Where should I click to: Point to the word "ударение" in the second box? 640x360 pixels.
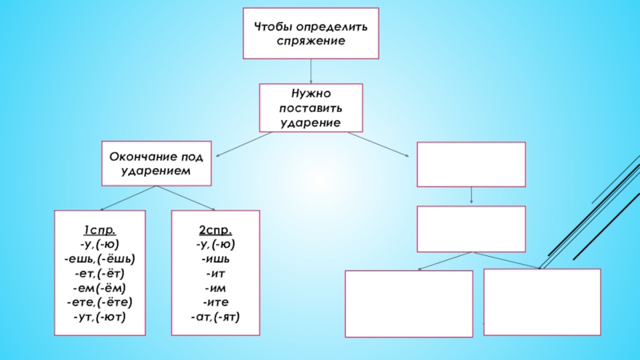click(x=310, y=122)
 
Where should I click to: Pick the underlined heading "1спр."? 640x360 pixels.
click(x=100, y=230)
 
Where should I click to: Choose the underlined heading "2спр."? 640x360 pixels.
click(x=216, y=230)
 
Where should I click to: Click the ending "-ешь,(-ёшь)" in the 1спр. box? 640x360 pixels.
click(x=100, y=258)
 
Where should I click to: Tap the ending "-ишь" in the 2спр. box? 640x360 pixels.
click(x=216, y=258)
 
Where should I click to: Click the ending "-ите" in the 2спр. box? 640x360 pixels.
click(x=216, y=302)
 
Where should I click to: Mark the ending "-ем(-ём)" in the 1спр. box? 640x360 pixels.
click(x=100, y=287)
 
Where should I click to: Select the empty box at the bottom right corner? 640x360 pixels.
click(x=542, y=301)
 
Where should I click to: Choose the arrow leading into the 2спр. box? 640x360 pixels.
click(x=186, y=198)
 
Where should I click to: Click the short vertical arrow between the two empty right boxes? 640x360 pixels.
click(x=472, y=195)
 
